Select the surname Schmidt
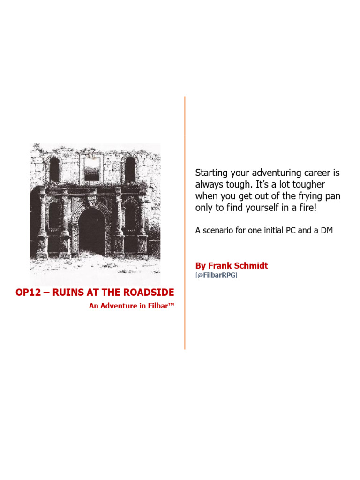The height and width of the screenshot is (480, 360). (x=252, y=266)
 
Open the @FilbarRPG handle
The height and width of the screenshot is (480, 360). (x=217, y=276)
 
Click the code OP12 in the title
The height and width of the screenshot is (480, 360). (x=29, y=293)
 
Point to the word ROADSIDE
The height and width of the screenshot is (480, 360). (x=150, y=293)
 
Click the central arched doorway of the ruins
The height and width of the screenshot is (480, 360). (x=92, y=232)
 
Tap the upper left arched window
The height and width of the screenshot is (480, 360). (x=54, y=169)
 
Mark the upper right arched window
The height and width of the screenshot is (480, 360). (x=130, y=169)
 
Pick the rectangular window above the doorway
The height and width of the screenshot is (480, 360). (x=91, y=168)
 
